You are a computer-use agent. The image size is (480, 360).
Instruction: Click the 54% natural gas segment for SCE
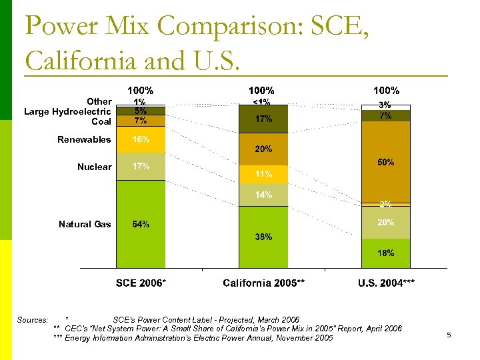pyautogui.click(x=140, y=224)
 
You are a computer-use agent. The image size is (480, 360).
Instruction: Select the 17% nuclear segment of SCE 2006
pyautogui.click(x=140, y=167)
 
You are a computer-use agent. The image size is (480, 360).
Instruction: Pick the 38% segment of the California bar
pyautogui.click(x=263, y=237)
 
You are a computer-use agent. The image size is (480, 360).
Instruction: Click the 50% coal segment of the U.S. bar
pyautogui.click(x=386, y=162)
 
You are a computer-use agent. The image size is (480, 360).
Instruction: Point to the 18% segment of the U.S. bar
pyautogui.click(x=386, y=253)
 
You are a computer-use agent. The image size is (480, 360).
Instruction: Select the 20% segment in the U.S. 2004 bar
pyautogui.click(x=386, y=223)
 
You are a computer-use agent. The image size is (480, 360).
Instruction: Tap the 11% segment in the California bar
pyautogui.click(x=263, y=174)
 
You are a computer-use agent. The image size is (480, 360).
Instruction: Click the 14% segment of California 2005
pyautogui.click(x=263, y=195)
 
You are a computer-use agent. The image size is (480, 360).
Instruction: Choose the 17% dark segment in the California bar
pyautogui.click(x=263, y=119)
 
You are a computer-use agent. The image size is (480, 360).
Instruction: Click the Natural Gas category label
pyautogui.click(x=85, y=224)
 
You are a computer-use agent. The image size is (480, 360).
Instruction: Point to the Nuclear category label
pyautogui.click(x=94, y=167)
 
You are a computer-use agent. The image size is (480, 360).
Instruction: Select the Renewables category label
pyautogui.click(x=84, y=139)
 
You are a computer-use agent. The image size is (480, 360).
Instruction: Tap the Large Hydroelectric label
pyautogui.click(x=67, y=111)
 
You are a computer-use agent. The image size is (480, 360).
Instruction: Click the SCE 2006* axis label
pyautogui.click(x=141, y=283)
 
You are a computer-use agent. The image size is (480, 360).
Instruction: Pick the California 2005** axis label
pyautogui.click(x=263, y=283)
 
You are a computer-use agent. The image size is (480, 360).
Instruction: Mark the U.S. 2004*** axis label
pyautogui.click(x=386, y=283)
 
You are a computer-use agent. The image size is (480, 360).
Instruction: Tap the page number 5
pyautogui.click(x=449, y=335)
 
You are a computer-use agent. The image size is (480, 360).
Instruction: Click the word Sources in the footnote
pyautogui.click(x=33, y=320)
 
